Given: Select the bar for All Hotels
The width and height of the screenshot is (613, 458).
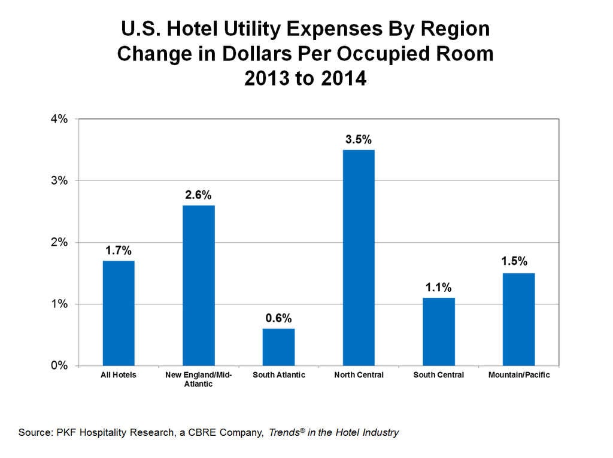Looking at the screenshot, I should point(119,313).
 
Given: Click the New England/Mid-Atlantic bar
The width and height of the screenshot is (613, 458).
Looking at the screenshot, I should point(199,285).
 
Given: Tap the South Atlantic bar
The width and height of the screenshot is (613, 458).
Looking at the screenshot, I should point(278,347).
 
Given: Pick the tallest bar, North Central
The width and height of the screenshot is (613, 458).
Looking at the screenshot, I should point(359,258).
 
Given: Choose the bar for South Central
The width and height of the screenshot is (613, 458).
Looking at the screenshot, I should point(439,331).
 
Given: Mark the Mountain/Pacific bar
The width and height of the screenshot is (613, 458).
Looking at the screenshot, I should point(518,319).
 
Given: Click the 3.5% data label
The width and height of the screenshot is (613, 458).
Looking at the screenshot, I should point(359,140).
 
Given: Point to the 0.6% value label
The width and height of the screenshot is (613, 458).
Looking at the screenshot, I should point(278,318).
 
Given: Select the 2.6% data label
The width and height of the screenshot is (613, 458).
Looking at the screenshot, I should point(199,195).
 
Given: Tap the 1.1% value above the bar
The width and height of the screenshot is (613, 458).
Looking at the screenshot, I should point(439,288).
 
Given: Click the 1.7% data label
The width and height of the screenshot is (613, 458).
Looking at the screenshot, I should point(119,251).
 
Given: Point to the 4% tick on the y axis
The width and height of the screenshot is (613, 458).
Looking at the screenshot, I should point(59,119).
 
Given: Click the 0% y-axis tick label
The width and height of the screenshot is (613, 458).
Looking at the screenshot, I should point(59,366).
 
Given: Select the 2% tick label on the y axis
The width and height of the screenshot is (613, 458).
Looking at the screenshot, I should point(59,243).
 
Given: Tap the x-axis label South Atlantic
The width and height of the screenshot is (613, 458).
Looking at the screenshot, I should point(278,375).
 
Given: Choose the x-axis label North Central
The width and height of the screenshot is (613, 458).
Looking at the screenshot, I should point(359,375).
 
